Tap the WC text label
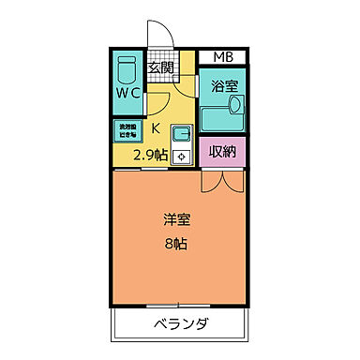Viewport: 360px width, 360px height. pos(128,94)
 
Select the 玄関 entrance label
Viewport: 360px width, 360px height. pos(161,67)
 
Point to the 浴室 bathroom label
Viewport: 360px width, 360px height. pos(222,84)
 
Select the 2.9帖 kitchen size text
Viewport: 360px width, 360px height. pos(149,155)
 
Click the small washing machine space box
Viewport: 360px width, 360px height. pos(127,130)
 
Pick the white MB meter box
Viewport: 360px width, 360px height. pos(223,58)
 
